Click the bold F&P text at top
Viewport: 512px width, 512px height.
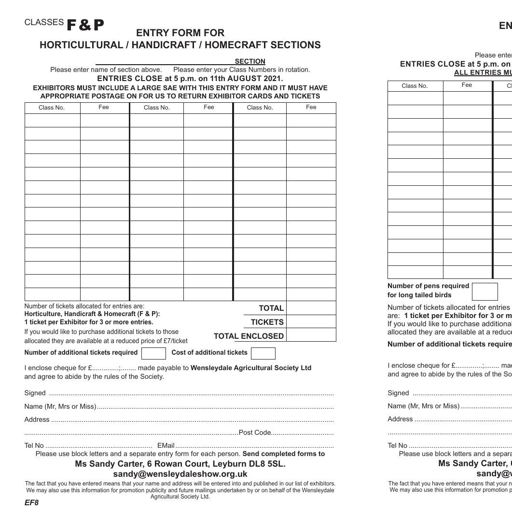tap(85, 25)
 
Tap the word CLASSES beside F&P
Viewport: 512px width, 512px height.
tap(44, 22)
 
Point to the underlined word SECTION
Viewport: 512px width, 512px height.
tap(250, 61)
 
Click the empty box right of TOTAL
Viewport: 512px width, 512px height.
tap(311, 308)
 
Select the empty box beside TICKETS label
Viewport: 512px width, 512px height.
tap(311, 321)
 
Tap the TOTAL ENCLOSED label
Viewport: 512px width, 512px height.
tap(249, 336)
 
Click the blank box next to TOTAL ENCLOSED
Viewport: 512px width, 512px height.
tap(311, 335)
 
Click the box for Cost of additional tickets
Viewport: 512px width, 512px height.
tap(263, 353)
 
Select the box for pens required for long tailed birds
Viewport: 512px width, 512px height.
tap(484, 291)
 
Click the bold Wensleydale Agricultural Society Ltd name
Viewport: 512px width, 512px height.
tap(251, 368)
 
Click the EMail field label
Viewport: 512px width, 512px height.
tap(166, 445)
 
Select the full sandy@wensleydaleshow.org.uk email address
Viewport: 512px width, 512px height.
tap(180, 474)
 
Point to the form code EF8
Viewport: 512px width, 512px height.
tap(31, 503)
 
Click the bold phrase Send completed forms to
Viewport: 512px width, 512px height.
tap(283, 454)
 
